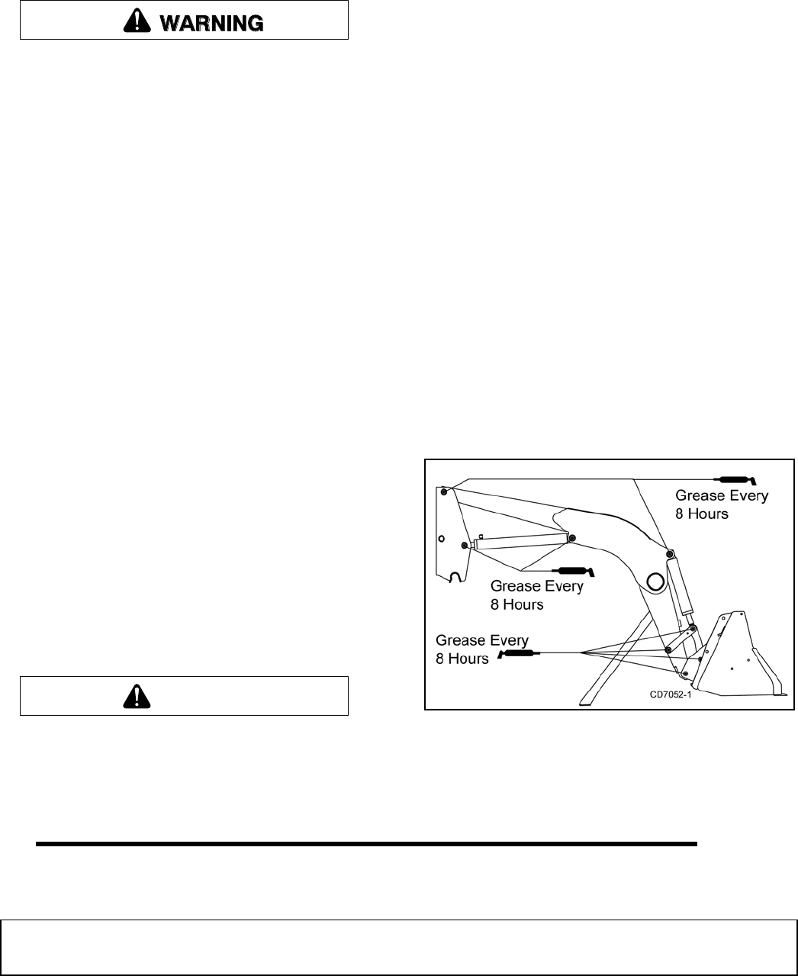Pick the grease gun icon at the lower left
pos(516,653)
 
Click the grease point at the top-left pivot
pos(443,491)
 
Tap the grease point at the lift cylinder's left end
pos(465,545)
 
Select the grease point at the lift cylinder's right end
pos(571,537)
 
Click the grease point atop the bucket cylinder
pos(669,553)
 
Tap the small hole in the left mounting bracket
pos(441,537)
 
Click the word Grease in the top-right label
pos(701,496)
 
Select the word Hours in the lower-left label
pos(462,659)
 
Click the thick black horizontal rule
pos(366,844)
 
